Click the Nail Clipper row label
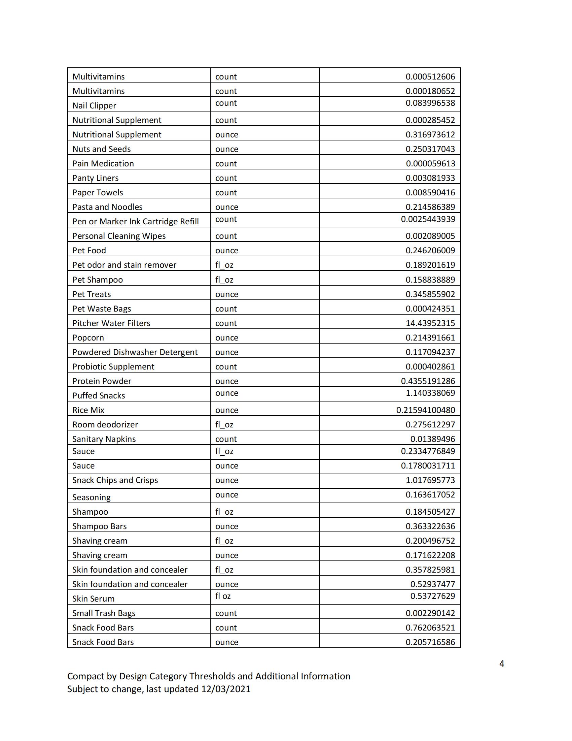94,105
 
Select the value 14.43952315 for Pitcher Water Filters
430,323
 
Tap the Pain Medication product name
103,164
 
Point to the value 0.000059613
430,164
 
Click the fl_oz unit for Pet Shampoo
224,280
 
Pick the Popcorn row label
88,337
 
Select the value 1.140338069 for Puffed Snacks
430,393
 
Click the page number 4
502,664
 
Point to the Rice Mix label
88,410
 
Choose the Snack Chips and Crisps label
115,480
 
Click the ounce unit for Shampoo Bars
227,526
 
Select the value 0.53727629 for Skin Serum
432,596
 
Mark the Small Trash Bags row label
104,613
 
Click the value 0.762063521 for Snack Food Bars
430,628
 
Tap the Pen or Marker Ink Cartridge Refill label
136,222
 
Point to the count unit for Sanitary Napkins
226,439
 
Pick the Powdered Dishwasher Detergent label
135,352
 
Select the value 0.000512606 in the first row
430,77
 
